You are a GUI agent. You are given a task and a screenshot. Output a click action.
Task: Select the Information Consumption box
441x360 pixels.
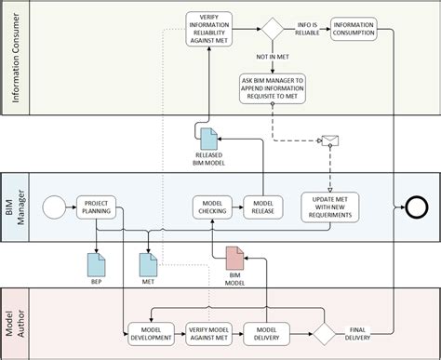point(354,31)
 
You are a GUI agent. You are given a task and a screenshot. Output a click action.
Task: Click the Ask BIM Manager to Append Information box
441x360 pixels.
point(272,87)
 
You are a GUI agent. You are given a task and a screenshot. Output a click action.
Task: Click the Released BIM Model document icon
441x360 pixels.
point(210,139)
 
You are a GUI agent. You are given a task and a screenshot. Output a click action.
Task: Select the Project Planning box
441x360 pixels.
point(97,206)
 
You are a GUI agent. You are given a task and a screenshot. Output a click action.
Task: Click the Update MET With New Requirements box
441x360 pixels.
point(328,206)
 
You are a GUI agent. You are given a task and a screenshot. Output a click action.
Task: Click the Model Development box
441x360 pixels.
point(149,334)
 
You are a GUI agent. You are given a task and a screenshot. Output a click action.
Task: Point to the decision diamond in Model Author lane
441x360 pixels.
point(322,334)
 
